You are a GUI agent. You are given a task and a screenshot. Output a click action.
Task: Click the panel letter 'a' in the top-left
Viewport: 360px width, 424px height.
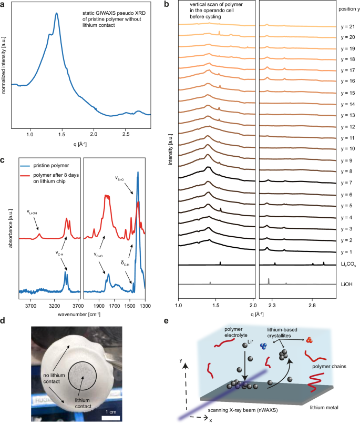pyautogui.click(x=3, y=4)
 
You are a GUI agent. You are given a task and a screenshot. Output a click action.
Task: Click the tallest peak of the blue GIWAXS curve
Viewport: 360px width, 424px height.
pyautogui.click(x=56, y=14)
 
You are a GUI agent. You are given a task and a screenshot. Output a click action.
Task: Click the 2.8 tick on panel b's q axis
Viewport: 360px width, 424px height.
pyautogui.click(x=312, y=305)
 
